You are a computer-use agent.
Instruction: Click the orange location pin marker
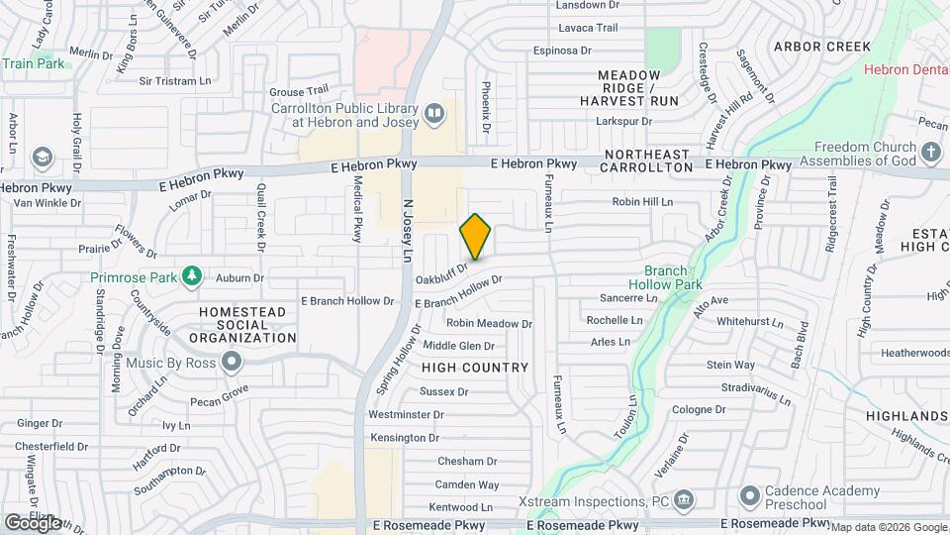[x=475, y=238]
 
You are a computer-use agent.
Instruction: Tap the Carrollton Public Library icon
[x=433, y=115]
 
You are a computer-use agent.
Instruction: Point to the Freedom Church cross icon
[x=929, y=153]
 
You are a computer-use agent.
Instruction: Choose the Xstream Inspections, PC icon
[x=683, y=501]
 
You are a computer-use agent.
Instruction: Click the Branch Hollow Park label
[x=673, y=277]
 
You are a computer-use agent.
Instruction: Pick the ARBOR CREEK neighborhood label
[x=821, y=47]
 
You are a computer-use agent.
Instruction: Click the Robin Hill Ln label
[x=642, y=201]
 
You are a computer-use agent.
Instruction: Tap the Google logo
[x=34, y=521]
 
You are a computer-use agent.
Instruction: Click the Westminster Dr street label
[x=406, y=413]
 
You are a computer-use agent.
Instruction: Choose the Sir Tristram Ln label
[x=175, y=80]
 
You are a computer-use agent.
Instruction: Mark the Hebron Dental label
[x=905, y=69]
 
